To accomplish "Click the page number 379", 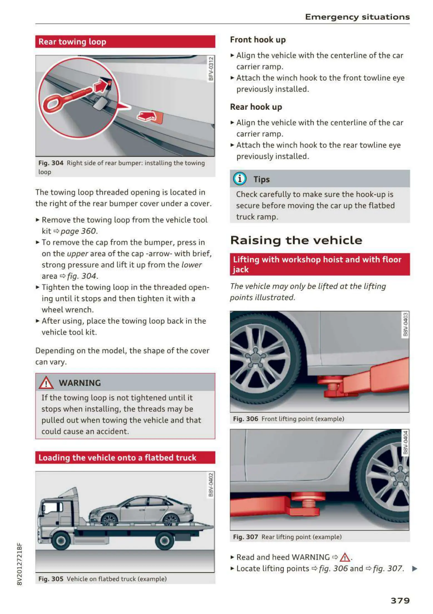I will [400, 601].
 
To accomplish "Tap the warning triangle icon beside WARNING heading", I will [46, 383].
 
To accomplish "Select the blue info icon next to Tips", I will [240, 179].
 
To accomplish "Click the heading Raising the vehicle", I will [296, 240].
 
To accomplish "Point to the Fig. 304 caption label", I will [51, 163].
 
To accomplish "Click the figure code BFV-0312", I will [211, 69].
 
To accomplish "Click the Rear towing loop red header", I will [125, 42].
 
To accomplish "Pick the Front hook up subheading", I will [258, 40].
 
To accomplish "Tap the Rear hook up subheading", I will [256, 107].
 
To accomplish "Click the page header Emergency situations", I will [357, 17].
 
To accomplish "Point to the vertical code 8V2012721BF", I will [19, 564].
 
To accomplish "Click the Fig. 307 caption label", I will [246, 537].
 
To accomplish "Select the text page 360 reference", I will [78, 231].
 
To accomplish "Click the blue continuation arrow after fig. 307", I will [414, 568].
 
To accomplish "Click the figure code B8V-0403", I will [405, 324].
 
